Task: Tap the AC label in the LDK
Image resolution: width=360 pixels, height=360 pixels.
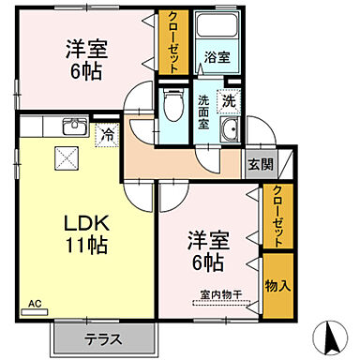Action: click(35, 304)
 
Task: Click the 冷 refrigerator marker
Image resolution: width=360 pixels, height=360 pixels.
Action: click(108, 135)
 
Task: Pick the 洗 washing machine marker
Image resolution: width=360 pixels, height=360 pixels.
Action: click(228, 98)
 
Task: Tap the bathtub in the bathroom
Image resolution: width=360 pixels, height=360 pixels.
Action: click(217, 28)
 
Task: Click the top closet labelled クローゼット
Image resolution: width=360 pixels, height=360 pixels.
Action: click(174, 42)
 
